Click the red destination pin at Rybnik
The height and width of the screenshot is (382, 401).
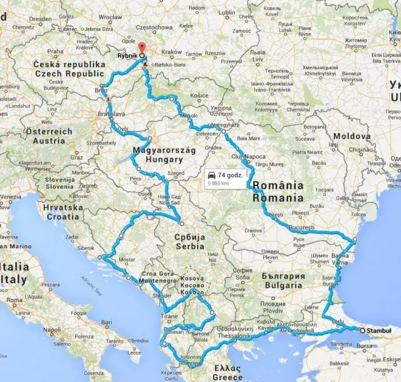141,48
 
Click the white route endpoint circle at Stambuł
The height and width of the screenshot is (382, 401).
362,329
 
